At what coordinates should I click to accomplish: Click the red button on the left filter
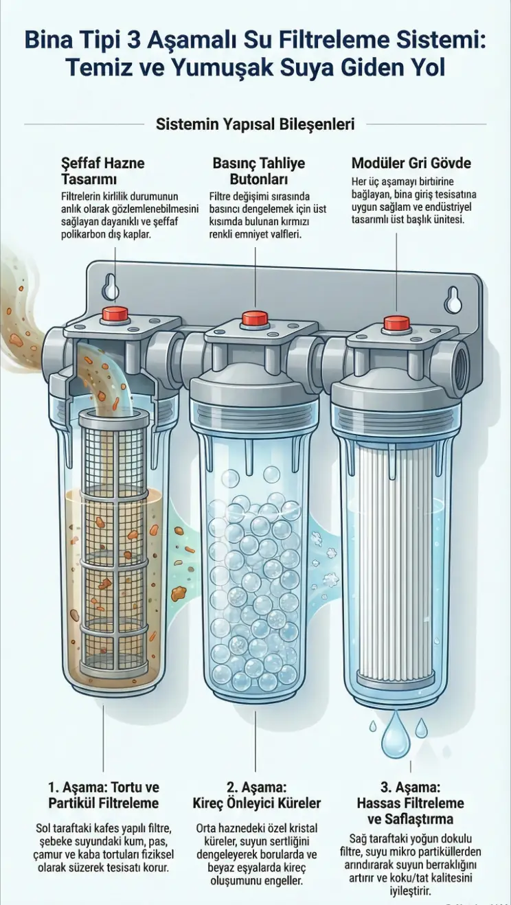[115, 314]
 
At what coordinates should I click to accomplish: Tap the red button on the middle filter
[255, 319]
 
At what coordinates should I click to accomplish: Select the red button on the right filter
[396, 323]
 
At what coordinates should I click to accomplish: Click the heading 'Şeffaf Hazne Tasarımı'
[103, 170]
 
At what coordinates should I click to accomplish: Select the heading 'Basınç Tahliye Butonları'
[259, 170]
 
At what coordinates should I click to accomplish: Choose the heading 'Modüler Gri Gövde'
[411, 163]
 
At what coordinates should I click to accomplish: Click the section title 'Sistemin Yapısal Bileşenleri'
[255, 124]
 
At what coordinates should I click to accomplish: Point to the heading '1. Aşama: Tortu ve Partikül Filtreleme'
[104, 796]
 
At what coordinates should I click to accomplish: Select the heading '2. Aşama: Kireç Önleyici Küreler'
[256, 796]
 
